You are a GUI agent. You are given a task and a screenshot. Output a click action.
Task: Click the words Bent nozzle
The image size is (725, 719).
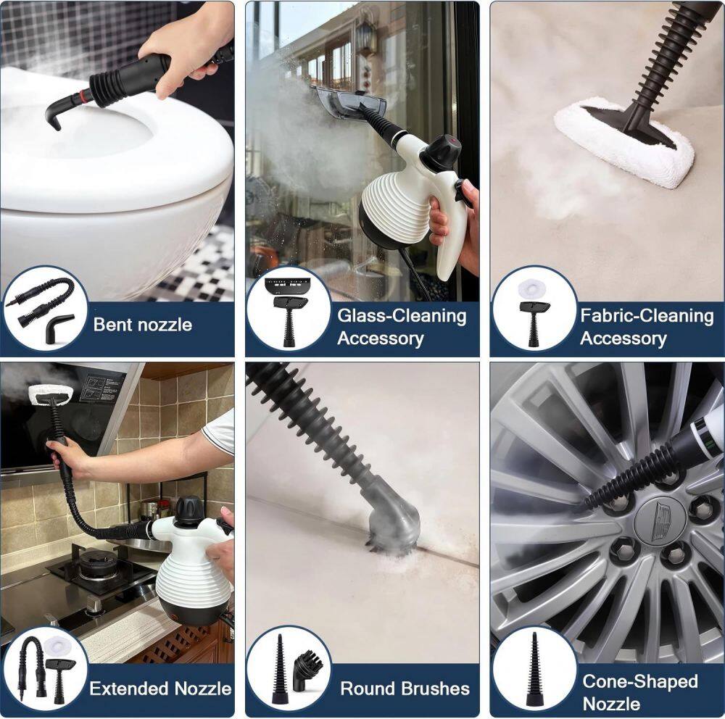(142, 325)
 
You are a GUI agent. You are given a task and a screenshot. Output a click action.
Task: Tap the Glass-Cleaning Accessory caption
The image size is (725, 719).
(402, 327)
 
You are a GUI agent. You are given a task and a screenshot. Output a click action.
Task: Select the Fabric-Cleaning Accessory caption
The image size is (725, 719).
(647, 327)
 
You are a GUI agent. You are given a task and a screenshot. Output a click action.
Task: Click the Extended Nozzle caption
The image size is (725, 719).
(160, 689)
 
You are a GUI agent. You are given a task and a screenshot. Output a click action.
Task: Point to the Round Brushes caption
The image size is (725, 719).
(405, 689)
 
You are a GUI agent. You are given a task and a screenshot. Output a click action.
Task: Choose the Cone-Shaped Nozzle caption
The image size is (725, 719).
(640, 692)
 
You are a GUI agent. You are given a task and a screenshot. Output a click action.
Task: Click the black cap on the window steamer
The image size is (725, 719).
(441, 151)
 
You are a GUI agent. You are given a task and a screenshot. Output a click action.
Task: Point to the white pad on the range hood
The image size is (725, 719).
(50, 391)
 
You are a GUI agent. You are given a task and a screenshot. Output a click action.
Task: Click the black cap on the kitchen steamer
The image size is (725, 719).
(189, 510)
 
